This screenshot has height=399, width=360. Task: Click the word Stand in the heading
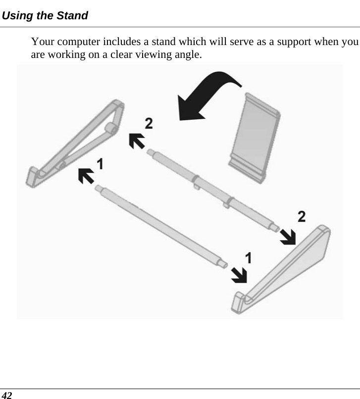click(73, 16)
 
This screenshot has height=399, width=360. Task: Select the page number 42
click(7, 395)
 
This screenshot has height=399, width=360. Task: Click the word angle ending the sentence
click(188, 54)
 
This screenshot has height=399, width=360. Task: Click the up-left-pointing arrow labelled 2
click(137, 140)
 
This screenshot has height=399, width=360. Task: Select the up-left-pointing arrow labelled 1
click(87, 175)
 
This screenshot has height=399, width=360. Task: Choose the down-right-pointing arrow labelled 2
click(287, 236)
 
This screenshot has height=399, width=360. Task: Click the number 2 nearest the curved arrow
click(149, 123)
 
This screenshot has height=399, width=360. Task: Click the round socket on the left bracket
click(110, 129)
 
